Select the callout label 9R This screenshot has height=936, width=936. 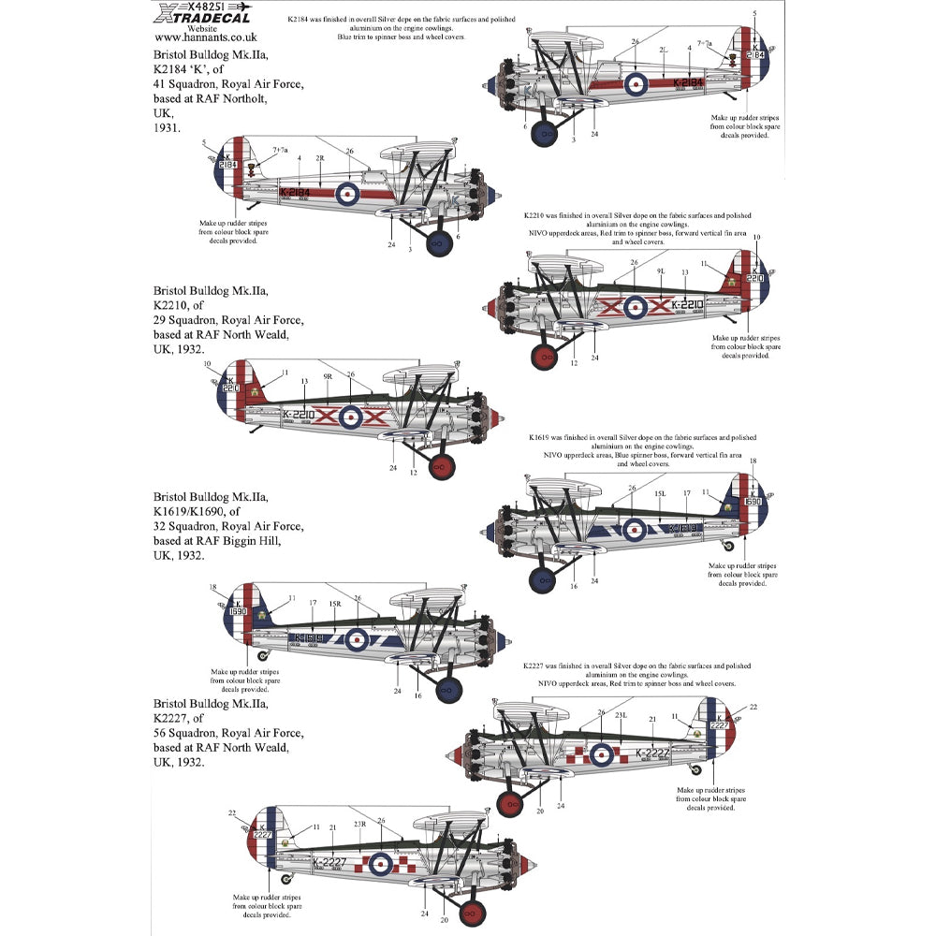tap(328, 376)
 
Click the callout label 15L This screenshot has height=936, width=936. tap(659, 493)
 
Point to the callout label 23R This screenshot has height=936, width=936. tap(358, 825)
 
